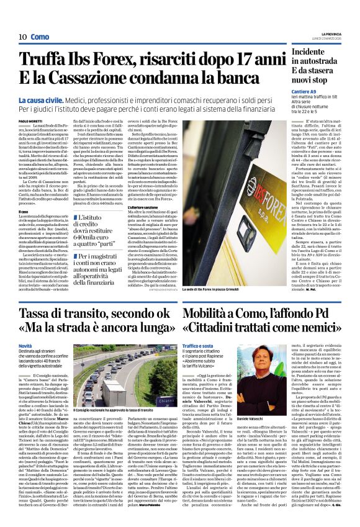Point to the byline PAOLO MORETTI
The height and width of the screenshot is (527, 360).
point(30,120)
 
